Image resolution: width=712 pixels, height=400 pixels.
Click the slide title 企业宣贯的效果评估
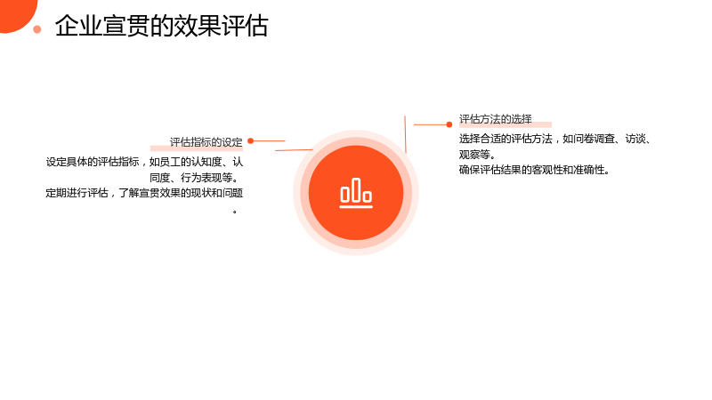click(x=162, y=26)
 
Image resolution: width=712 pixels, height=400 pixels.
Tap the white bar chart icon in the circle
click(x=356, y=193)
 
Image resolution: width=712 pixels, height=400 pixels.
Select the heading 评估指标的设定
click(x=206, y=142)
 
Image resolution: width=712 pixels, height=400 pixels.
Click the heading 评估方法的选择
click(x=496, y=119)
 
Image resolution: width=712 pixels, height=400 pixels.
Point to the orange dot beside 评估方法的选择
click(x=449, y=124)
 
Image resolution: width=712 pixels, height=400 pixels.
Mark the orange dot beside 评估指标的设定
click(x=251, y=141)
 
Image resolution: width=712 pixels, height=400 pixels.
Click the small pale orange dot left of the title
click(x=37, y=29)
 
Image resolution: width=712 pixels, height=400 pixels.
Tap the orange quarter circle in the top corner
click(x=16, y=13)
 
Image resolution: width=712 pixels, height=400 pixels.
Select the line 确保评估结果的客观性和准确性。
click(x=534, y=170)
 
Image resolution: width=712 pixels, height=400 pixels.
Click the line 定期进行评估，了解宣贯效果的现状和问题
click(x=144, y=193)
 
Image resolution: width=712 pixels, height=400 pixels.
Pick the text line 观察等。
click(x=477, y=155)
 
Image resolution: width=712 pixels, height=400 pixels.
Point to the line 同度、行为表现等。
click(x=194, y=178)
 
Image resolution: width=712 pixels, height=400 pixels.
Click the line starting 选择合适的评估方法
click(x=555, y=139)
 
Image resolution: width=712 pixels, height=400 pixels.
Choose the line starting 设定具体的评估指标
click(x=144, y=162)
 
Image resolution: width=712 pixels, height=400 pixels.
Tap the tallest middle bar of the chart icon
click(x=356, y=189)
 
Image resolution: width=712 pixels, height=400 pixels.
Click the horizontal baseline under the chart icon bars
click(x=356, y=207)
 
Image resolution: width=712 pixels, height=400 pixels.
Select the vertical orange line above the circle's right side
click(x=405, y=134)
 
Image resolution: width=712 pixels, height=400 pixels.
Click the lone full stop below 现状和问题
click(x=235, y=212)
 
